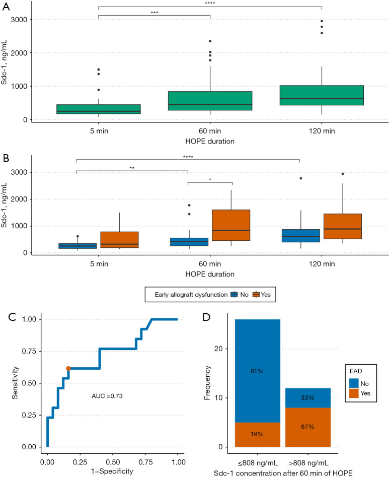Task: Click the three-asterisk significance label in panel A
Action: pos(154,13)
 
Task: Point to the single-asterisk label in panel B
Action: pos(210,180)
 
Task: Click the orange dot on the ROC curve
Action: pos(68,369)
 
